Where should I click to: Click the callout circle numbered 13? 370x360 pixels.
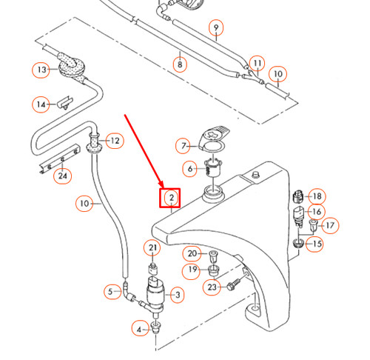(x=41, y=70)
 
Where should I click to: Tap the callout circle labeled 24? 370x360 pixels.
(x=64, y=176)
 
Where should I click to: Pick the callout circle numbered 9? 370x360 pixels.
(x=216, y=30)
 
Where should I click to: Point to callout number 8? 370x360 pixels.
(x=180, y=64)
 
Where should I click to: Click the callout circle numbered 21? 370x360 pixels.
(x=153, y=247)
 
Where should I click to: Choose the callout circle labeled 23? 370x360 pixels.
(x=212, y=287)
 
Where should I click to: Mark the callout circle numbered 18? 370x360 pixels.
(x=317, y=196)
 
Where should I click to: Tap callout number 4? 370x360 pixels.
(x=139, y=329)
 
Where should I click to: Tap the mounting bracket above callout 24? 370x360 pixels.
(x=58, y=158)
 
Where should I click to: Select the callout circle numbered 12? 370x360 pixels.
(x=115, y=140)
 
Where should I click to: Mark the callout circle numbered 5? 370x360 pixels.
(x=112, y=292)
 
